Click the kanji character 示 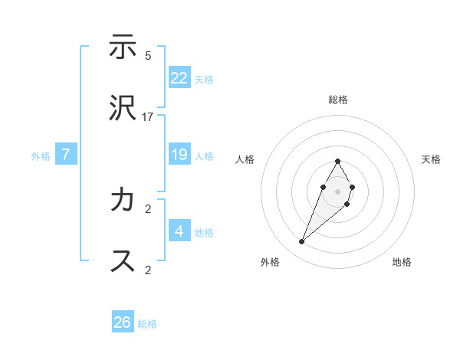click(x=123, y=47)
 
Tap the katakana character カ click(x=123, y=201)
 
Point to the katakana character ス click(x=123, y=260)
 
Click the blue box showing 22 click(x=179, y=78)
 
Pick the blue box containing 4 click(x=179, y=231)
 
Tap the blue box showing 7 click(x=66, y=155)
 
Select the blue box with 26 click(x=123, y=322)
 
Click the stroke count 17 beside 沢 click(x=148, y=116)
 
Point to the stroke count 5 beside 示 click(x=148, y=56)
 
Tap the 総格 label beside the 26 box click(x=148, y=324)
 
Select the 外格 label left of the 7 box click(x=41, y=156)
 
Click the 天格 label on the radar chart click(x=431, y=159)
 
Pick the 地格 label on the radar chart click(x=402, y=262)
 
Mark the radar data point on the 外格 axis click(x=302, y=241)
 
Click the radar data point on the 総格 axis click(x=337, y=162)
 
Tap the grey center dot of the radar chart click(x=337, y=191)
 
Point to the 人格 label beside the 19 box click(x=204, y=156)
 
